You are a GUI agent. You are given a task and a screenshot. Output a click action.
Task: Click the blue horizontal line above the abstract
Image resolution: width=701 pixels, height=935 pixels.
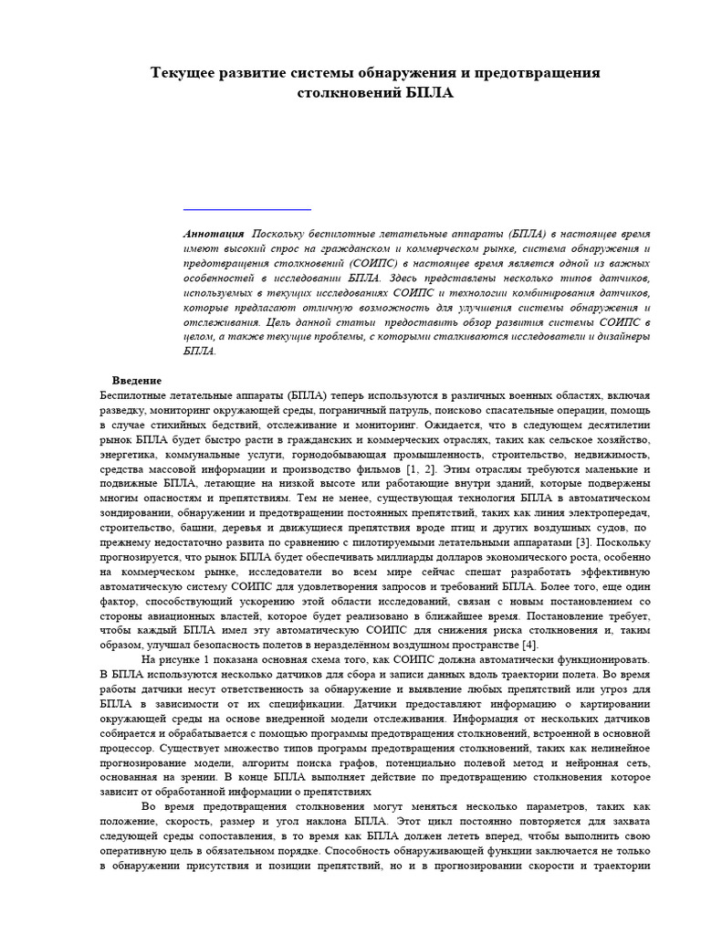pos(235,209)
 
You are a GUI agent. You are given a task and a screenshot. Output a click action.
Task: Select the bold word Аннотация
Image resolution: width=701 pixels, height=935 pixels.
pos(214,235)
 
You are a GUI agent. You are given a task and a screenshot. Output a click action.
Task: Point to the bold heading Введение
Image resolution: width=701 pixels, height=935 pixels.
pos(137,381)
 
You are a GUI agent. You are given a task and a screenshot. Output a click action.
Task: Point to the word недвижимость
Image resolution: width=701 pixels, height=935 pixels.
pos(609,454)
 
